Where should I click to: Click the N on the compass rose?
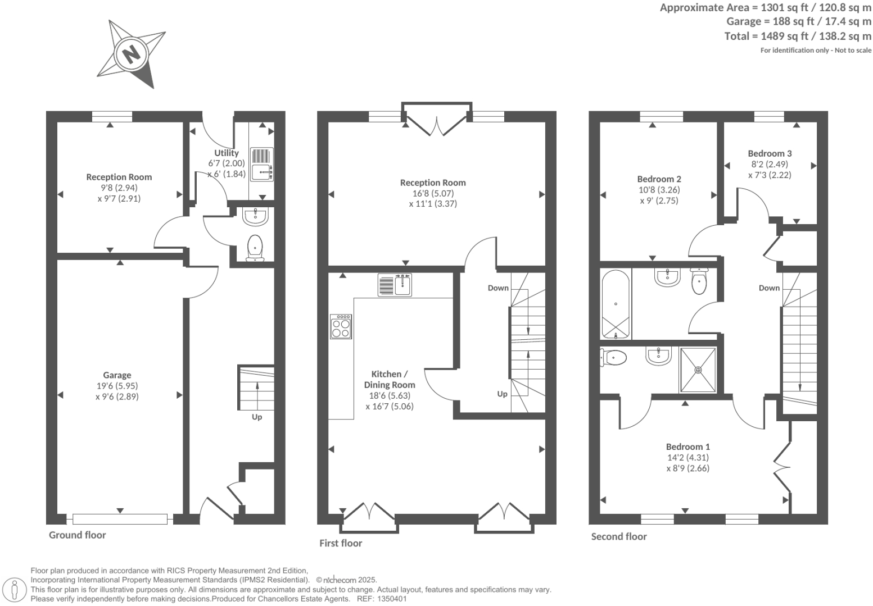point(131,54)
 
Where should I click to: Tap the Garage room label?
point(117,375)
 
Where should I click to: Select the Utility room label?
point(227,153)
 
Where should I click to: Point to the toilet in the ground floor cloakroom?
point(255,247)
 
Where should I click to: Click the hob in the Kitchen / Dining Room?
point(341,326)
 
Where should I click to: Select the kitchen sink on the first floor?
point(395,285)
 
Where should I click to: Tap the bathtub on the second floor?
point(616,304)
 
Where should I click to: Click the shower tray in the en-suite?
point(698,370)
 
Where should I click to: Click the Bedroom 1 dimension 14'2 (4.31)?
point(687,457)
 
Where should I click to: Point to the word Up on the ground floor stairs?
point(257,417)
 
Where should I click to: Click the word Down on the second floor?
point(769,288)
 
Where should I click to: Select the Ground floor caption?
point(77,535)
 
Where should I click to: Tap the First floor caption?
point(341,543)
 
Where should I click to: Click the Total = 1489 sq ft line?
point(798,36)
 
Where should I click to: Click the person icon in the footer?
point(15,590)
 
